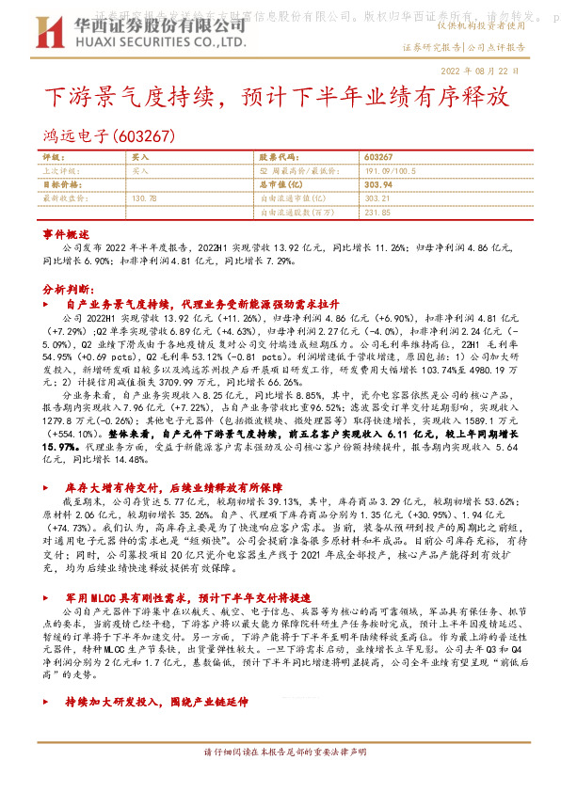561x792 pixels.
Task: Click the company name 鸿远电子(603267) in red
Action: point(110,136)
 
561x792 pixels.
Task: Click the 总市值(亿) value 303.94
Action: point(378,185)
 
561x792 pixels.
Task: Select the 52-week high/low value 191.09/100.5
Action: point(390,171)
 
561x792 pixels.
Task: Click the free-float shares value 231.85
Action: point(377,213)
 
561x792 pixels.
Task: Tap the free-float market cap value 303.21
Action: point(377,198)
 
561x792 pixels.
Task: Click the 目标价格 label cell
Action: point(59,185)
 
